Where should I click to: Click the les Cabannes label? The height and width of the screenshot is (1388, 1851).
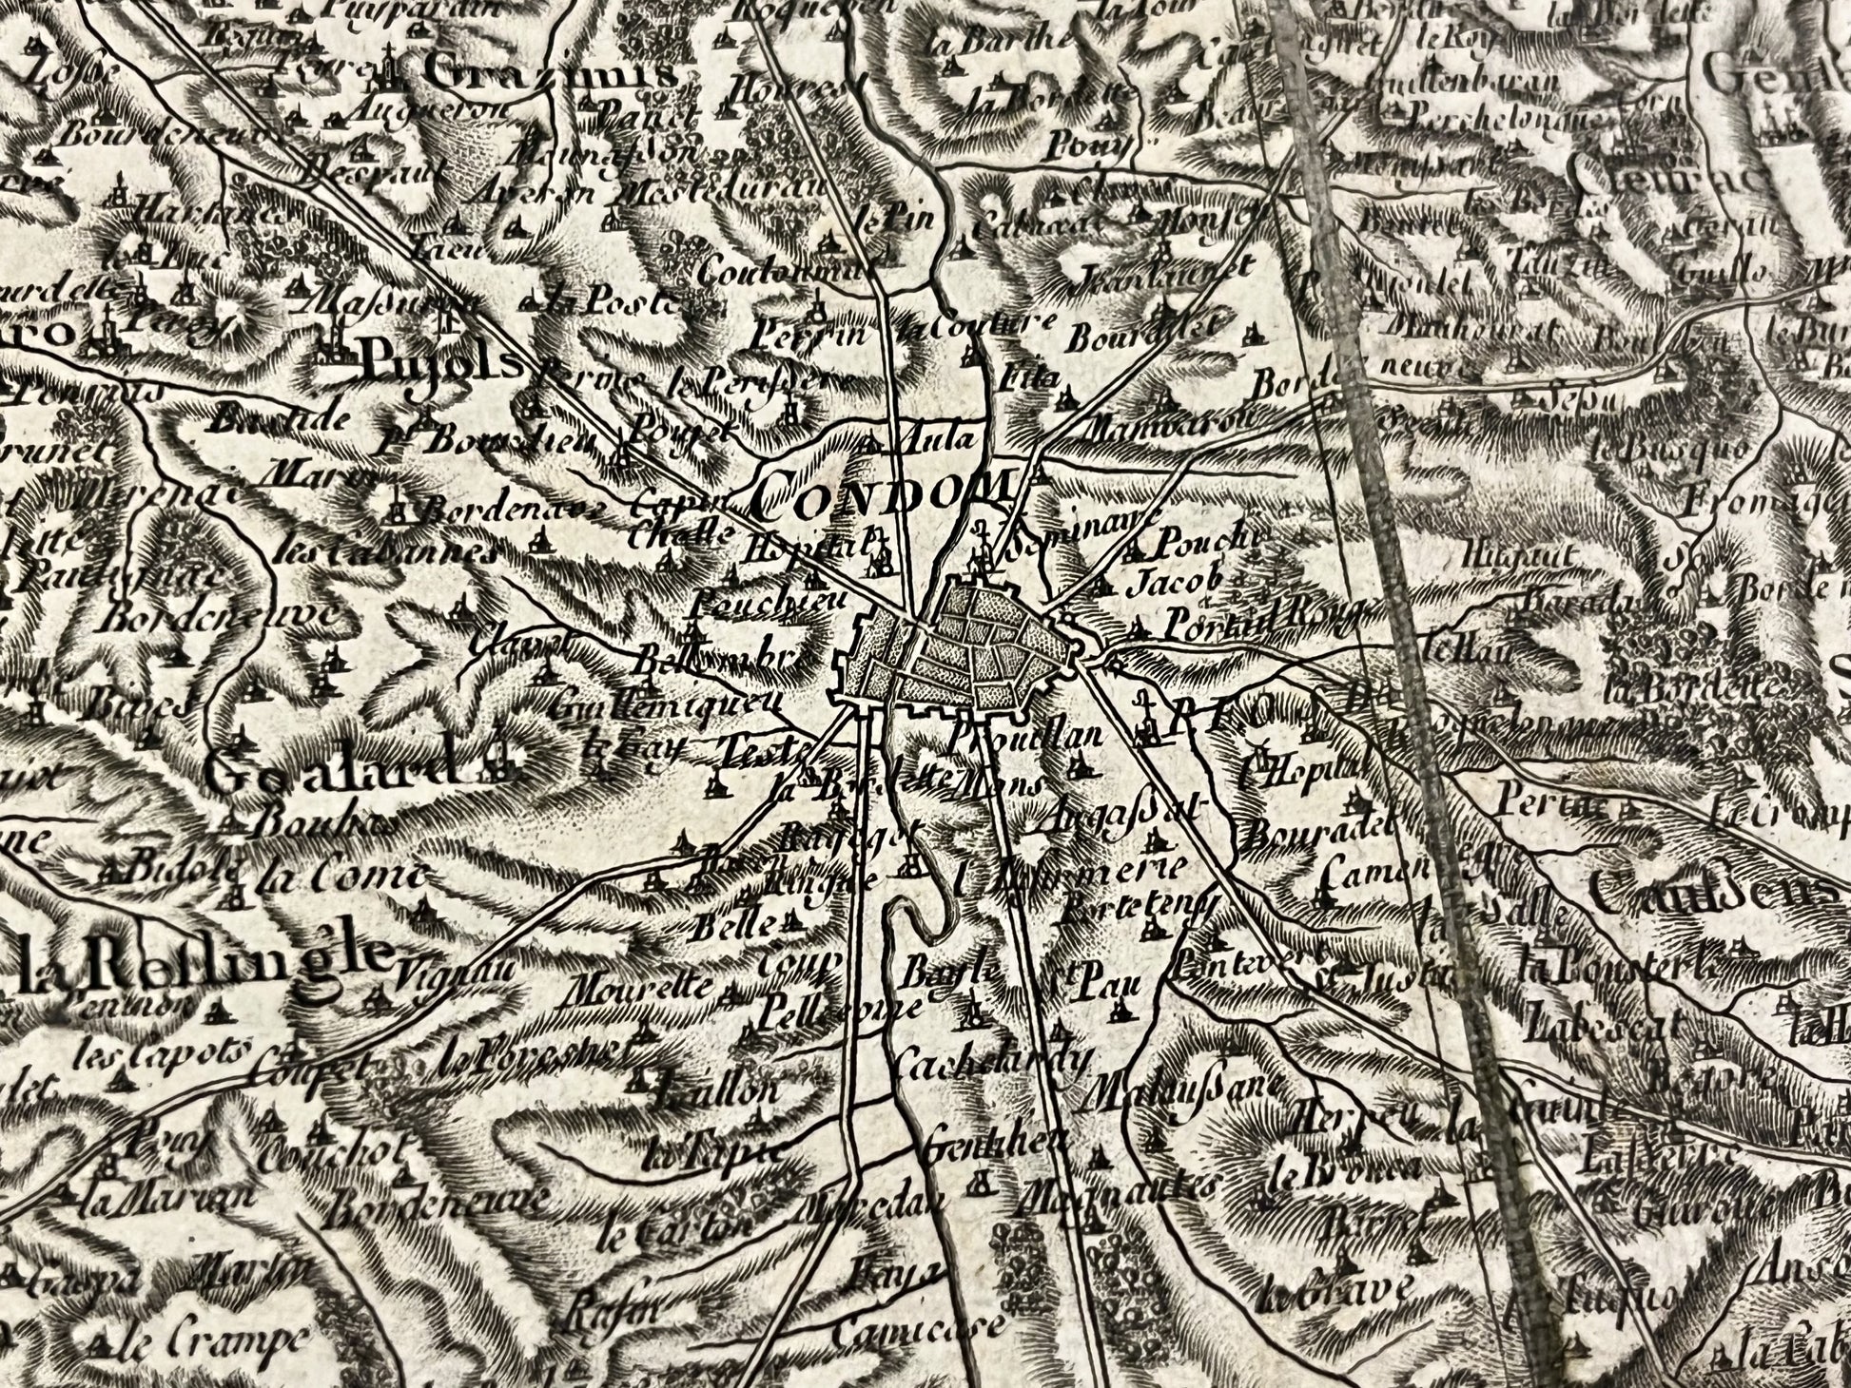[x=384, y=553]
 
